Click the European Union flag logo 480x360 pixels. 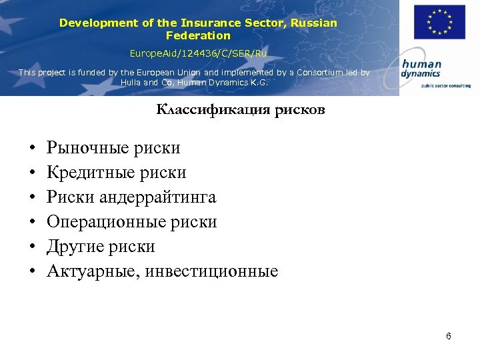point(439,22)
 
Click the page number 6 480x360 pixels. point(449,336)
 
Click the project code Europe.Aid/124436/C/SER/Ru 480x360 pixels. point(198,53)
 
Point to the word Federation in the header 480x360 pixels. point(198,35)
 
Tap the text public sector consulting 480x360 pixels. point(441,85)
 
